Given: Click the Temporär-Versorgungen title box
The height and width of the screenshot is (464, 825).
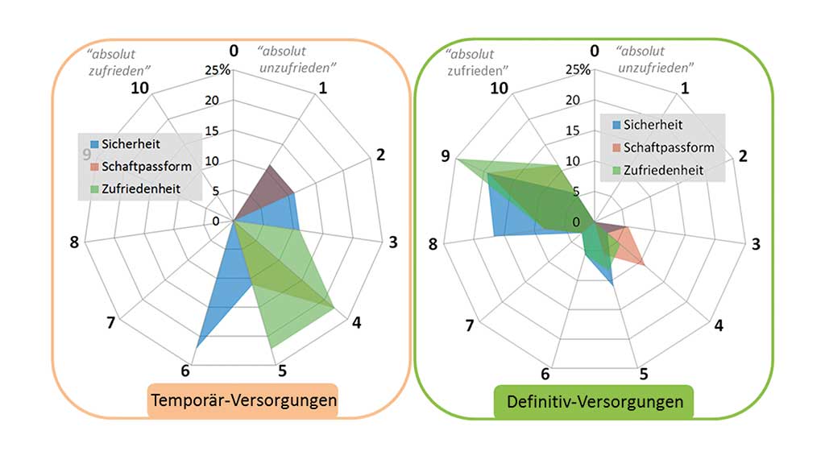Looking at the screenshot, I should (x=242, y=400).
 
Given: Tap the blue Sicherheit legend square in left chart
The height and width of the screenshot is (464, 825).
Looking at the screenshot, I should (x=93, y=144).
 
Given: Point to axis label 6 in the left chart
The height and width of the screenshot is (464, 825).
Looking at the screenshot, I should (x=185, y=371).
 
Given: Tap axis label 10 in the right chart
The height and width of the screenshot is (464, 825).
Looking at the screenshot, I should (x=501, y=88).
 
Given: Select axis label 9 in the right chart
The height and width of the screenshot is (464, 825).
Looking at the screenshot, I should (x=445, y=156).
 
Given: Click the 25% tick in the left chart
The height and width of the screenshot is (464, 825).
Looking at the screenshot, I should (x=218, y=70).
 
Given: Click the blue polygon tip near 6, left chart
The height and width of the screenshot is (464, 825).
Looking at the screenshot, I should (x=197, y=345).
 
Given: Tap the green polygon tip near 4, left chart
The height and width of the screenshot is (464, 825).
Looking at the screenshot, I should (x=334, y=306).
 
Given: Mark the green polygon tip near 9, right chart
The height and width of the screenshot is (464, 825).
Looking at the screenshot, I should (x=455, y=159).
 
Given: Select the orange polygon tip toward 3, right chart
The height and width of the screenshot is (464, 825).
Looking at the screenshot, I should (x=643, y=263).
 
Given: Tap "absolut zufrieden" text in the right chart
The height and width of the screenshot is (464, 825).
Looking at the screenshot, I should (x=472, y=59).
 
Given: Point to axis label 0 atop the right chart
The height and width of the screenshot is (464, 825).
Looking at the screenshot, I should (x=595, y=52).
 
